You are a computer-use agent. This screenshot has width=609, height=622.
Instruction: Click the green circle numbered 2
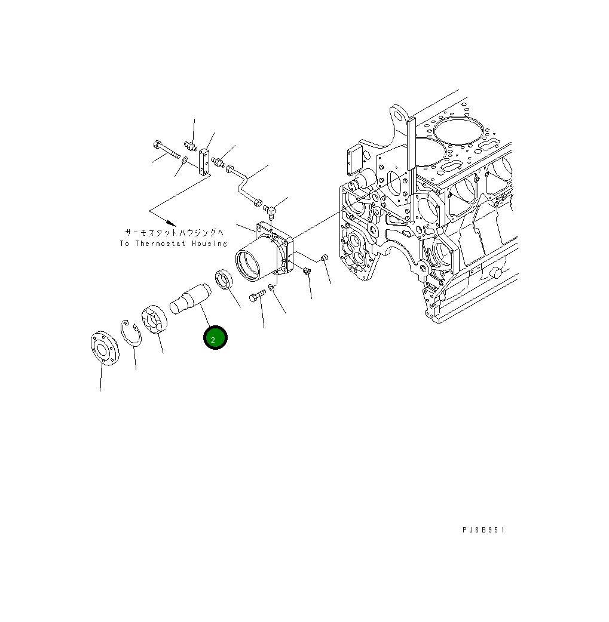pyautogui.click(x=215, y=338)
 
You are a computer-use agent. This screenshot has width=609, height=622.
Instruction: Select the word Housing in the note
pyautogui.click(x=209, y=244)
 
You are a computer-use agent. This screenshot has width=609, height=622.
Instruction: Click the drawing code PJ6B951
pyautogui.click(x=483, y=530)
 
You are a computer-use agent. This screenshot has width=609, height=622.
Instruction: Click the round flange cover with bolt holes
pyautogui.click(x=105, y=349)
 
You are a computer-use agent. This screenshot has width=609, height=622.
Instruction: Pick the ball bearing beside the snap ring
pyautogui.click(x=155, y=320)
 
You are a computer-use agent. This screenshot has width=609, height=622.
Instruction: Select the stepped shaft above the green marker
pyautogui.click(x=191, y=300)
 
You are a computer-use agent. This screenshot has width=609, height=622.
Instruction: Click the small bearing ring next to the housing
pyautogui.click(x=225, y=280)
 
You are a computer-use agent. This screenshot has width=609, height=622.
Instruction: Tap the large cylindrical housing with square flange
pyautogui.click(x=264, y=252)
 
